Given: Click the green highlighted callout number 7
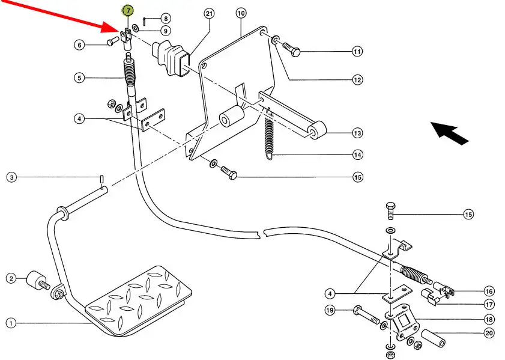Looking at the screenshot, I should [128, 11].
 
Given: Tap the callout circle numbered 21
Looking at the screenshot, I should [209, 13].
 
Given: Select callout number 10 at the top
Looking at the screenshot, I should [241, 13].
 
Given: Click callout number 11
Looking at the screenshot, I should [358, 52].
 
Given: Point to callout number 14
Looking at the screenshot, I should [358, 155].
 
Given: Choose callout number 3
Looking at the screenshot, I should [11, 177].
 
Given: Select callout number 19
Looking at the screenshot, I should [330, 310].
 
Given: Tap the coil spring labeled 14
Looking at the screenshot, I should [268, 136].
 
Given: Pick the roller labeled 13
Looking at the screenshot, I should [318, 129].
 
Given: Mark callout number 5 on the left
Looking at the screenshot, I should [79, 78].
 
